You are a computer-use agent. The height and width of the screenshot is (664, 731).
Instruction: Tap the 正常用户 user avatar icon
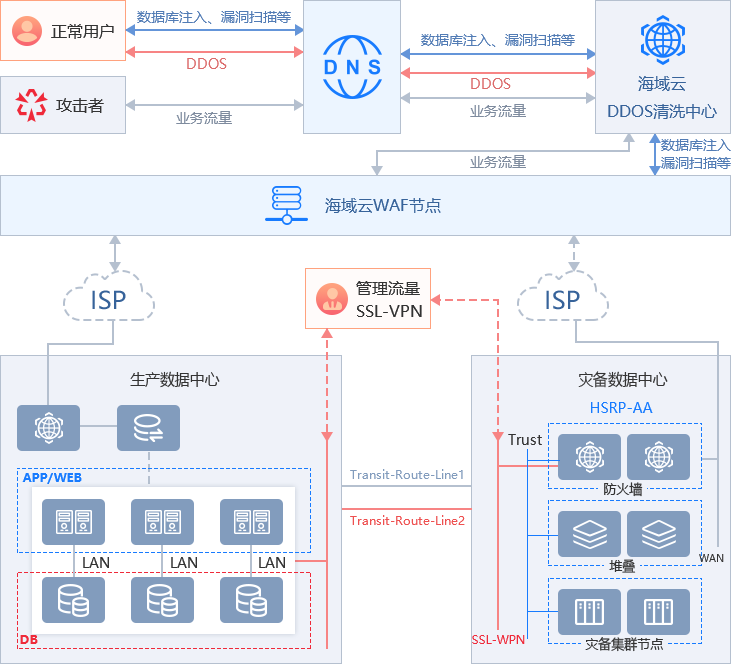[x=29, y=30]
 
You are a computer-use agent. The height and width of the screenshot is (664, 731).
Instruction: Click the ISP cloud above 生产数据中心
[x=109, y=299]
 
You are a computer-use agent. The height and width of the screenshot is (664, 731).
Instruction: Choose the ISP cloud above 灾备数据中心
[x=562, y=299]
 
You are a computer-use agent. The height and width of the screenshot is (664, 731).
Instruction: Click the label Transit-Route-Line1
[x=407, y=474]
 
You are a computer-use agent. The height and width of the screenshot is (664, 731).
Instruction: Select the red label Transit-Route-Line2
[x=407, y=520]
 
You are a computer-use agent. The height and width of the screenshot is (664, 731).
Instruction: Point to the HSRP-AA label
[x=620, y=407]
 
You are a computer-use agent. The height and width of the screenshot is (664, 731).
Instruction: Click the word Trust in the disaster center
[x=525, y=439]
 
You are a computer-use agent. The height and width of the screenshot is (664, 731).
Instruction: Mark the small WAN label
[x=711, y=557]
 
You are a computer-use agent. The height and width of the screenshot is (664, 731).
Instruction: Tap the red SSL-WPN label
[x=498, y=638]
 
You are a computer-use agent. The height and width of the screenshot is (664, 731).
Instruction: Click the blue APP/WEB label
[x=52, y=477]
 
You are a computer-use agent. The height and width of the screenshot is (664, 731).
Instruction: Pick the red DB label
[x=30, y=639]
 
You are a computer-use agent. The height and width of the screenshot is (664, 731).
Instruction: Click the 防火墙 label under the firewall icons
[x=623, y=489]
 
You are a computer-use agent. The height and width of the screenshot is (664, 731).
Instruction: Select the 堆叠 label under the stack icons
[x=622, y=565]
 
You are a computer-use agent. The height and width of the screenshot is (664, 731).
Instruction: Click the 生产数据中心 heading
[x=175, y=380]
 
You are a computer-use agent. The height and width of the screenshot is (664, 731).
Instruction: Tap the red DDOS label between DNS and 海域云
[x=490, y=84]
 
